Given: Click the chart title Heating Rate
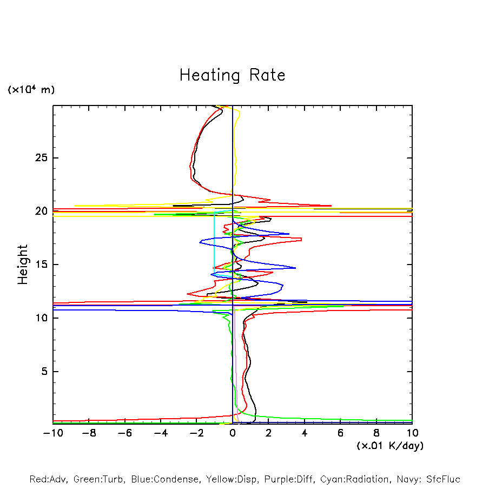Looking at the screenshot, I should tap(232, 75).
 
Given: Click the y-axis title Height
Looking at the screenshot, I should tap(22, 265).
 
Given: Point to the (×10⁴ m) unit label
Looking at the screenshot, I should tap(31, 90).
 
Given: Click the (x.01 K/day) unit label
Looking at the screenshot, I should tap(390, 446).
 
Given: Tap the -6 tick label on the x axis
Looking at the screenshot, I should tap(124, 433).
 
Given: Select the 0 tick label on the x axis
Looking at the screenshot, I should tap(233, 433).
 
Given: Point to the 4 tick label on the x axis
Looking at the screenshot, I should tap(305, 433).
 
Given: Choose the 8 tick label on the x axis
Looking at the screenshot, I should tap(376, 433).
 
